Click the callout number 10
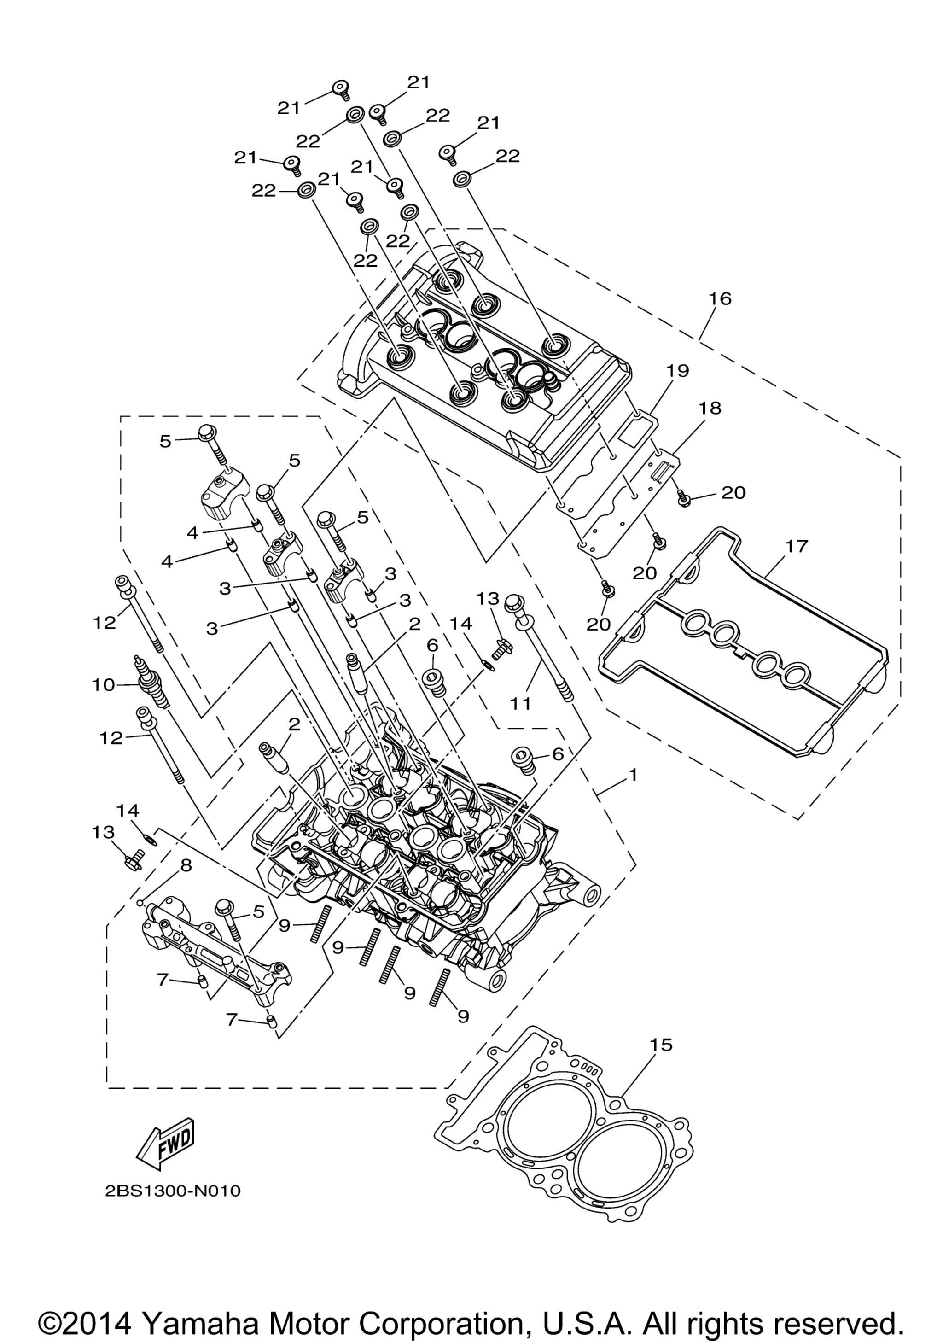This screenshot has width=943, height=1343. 104,684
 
